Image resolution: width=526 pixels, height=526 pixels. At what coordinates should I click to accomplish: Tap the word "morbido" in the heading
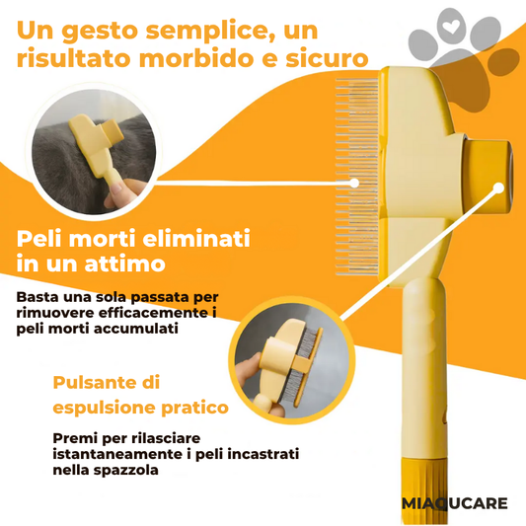pyautogui.click(x=196, y=58)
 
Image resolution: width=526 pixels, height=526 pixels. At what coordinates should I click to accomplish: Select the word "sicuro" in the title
pyautogui.click(x=327, y=58)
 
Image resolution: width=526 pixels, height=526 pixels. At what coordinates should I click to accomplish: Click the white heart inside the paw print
pyautogui.click(x=452, y=26)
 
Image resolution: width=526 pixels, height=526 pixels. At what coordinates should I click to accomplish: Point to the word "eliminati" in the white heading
pyautogui.click(x=196, y=239)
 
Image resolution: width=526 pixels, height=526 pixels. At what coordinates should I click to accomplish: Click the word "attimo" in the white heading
pyautogui.click(x=124, y=263)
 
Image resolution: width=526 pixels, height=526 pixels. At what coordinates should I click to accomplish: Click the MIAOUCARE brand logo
pyautogui.click(x=455, y=503)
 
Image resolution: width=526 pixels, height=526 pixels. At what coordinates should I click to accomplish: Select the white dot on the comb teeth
pyautogui.click(x=353, y=183)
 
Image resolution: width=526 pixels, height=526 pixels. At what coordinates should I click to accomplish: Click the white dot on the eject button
pyautogui.click(x=498, y=188)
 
